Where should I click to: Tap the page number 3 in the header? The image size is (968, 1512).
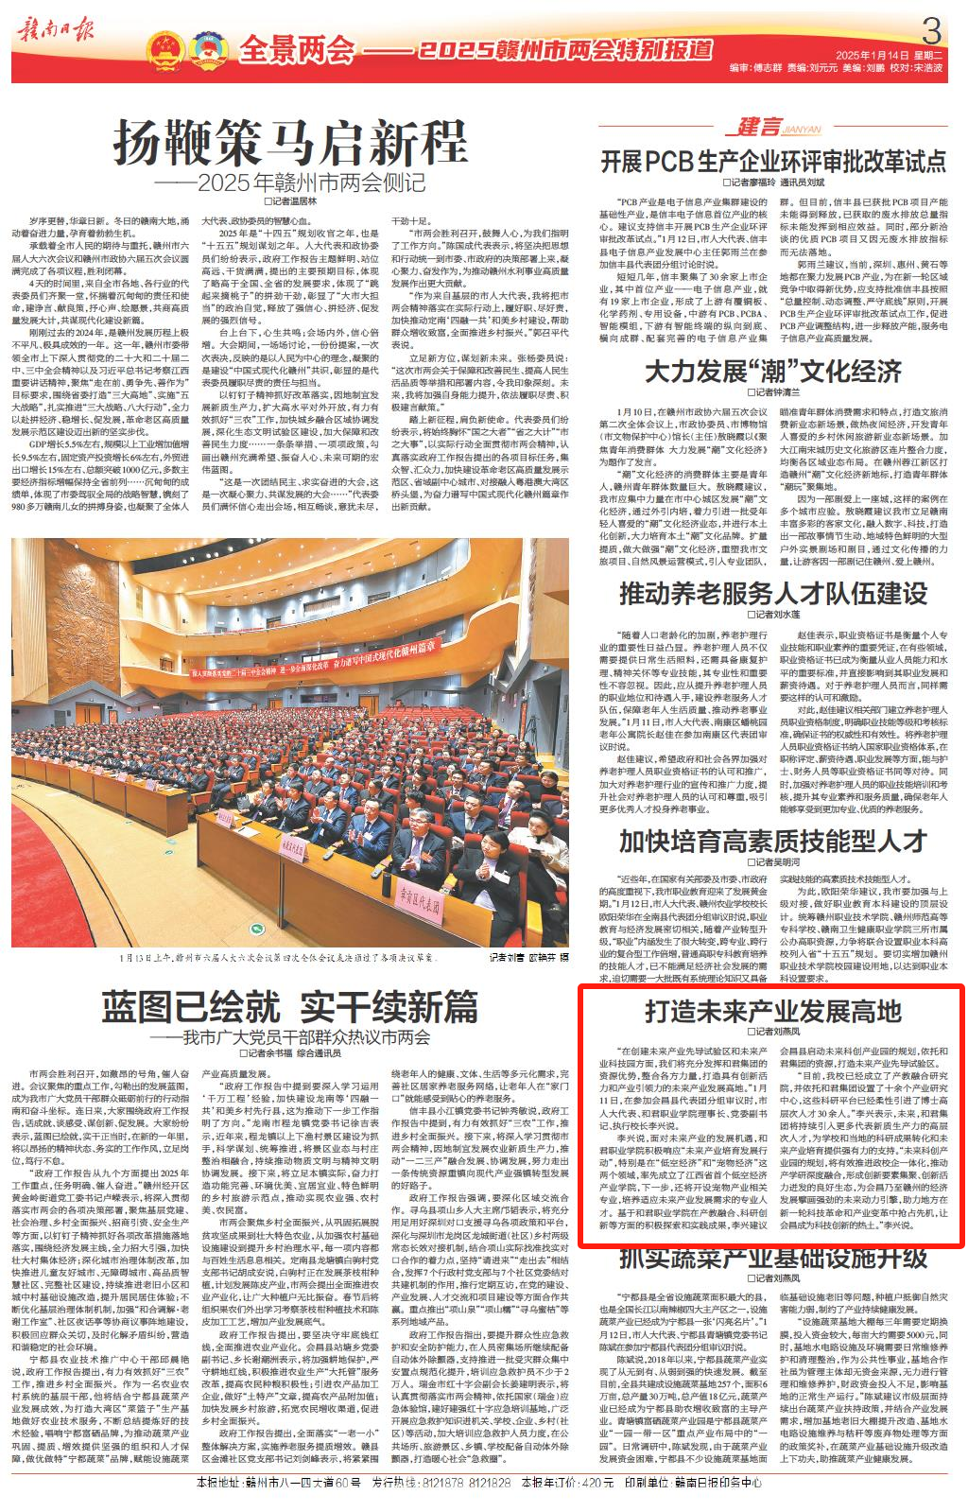click(931, 34)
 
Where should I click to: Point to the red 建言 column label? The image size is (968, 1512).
click(759, 128)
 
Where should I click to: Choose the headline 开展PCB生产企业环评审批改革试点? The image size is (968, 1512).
click(773, 160)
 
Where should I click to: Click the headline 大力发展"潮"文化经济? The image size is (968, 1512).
click(773, 372)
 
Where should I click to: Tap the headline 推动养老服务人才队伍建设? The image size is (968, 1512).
click(773, 593)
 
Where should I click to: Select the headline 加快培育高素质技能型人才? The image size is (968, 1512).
click(773, 841)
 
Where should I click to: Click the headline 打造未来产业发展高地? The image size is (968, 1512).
click(773, 1011)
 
